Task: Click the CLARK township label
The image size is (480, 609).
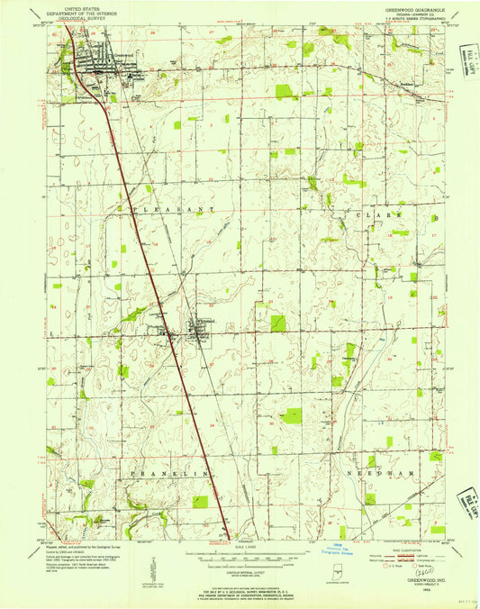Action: point(387,217)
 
